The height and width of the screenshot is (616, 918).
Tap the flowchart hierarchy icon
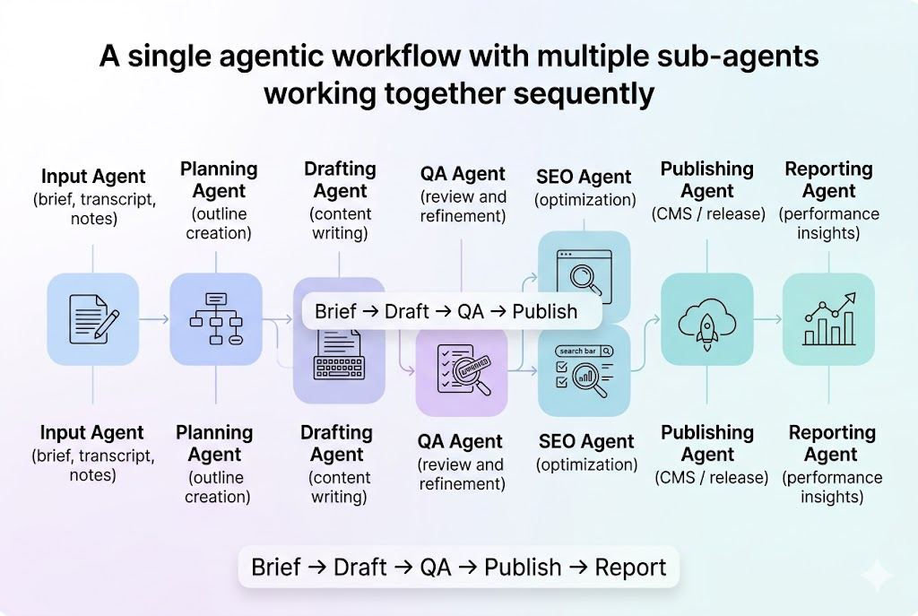tap(216, 318)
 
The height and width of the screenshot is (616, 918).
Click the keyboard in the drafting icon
tap(338, 368)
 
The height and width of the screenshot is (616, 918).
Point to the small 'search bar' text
tap(577, 351)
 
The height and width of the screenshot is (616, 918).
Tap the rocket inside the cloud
tap(706, 320)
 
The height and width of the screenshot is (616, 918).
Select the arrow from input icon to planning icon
tap(154, 318)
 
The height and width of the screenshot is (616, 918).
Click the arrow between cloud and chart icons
tap(767, 318)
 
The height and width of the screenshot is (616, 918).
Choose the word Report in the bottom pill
tap(631, 567)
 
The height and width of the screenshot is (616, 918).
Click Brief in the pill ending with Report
tap(276, 567)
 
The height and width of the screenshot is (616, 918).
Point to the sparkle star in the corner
tap(874, 575)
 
